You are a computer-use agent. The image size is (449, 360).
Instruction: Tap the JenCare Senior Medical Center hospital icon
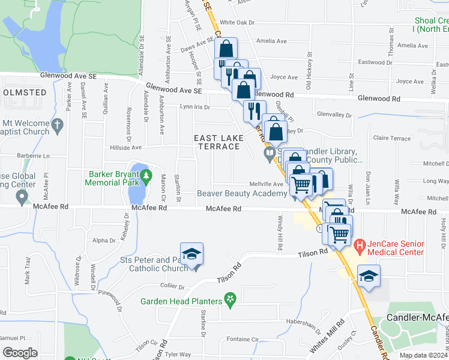click(360, 245)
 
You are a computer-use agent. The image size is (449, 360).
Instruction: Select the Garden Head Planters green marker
click(228, 298)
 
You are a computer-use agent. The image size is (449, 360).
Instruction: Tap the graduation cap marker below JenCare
click(369, 275)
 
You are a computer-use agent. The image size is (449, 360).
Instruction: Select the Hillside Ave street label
click(125, 147)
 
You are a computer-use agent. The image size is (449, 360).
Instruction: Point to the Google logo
click(20, 353)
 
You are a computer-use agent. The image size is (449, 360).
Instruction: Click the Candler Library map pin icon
click(270, 154)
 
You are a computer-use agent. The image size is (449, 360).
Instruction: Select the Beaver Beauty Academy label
click(242, 193)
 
